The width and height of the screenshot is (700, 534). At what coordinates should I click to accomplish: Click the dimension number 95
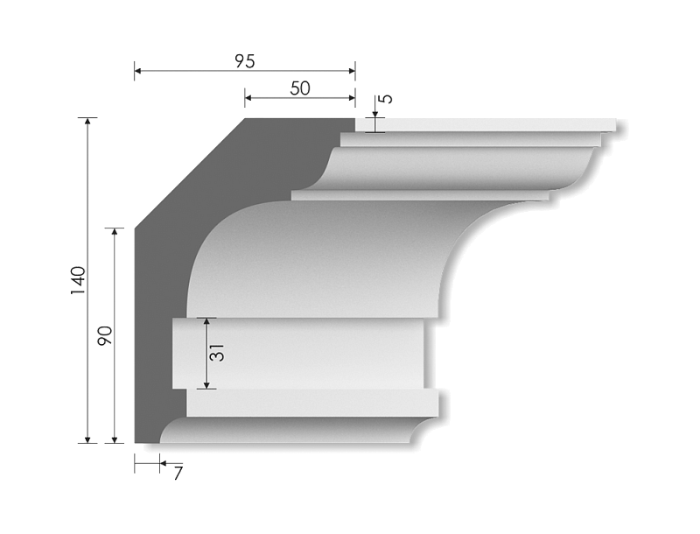244,61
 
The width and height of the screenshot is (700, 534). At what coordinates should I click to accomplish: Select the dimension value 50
299,88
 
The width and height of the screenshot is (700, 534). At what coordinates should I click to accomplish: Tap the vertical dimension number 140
78,279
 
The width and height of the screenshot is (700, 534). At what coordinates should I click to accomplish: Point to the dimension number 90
105,335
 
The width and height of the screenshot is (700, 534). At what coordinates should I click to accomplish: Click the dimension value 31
219,352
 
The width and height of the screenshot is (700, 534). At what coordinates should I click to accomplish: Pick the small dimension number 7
178,474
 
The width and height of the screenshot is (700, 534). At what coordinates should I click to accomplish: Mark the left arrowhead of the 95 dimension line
138,70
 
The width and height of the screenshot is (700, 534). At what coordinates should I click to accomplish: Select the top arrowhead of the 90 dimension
114,233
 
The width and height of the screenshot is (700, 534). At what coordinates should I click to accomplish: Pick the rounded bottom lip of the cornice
289,431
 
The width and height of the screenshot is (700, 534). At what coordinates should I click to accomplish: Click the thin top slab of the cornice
490,124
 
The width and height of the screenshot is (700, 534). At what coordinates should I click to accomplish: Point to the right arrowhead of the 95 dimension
351,70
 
